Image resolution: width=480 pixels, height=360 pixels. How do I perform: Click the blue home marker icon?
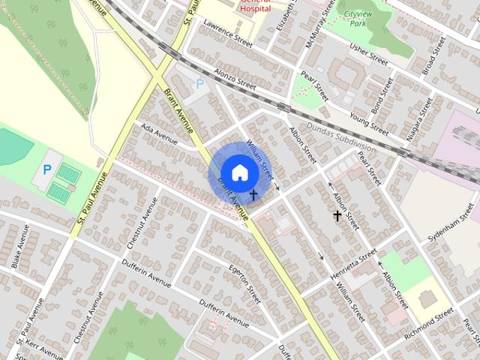coord(239,172)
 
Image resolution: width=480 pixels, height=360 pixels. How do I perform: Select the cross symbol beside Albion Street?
coord(337,215)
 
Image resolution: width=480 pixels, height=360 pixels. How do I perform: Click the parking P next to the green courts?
coord(46,170)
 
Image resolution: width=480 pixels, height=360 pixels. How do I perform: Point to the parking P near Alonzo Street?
coord(199,85)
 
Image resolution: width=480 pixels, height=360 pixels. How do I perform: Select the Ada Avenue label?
coord(159,133)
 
